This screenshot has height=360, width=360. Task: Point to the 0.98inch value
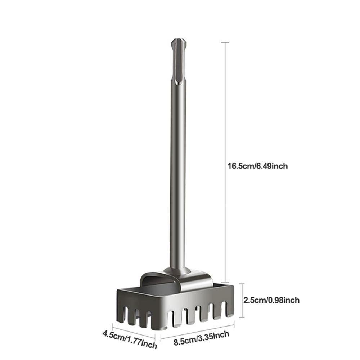285,300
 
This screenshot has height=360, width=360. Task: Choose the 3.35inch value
215,336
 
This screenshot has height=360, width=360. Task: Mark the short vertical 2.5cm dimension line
242,300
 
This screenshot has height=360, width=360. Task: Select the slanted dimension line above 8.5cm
197,330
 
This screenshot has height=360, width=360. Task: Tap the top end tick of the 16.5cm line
225,42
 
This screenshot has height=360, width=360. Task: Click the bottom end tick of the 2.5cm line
242,317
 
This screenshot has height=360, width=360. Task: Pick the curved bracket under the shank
194,281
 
